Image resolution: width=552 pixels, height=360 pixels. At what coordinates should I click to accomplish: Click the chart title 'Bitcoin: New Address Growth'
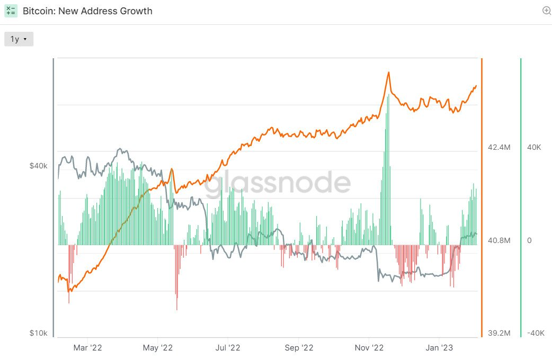pos(87,11)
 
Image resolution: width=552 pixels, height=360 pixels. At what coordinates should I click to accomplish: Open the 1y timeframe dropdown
pos(19,39)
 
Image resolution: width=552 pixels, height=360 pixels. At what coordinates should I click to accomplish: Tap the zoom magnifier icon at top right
pos(547,11)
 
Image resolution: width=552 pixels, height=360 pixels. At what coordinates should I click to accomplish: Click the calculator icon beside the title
pos(11,11)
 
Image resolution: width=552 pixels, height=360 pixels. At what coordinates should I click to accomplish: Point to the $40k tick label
pos(38,166)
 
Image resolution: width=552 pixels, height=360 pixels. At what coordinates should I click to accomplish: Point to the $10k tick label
pos(38,333)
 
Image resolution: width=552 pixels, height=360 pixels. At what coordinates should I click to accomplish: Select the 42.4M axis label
pos(498,147)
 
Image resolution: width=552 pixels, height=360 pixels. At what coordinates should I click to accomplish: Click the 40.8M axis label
pos(498,240)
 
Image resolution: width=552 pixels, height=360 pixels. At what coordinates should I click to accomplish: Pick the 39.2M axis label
pos(498,333)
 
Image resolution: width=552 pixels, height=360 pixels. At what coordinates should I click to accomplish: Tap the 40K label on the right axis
pos(534,147)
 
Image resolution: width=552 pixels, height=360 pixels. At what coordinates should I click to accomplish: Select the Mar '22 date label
pos(88,348)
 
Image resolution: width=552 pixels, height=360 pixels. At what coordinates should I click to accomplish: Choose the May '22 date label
pos(158,348)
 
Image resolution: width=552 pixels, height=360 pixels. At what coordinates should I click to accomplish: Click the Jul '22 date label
pos(228,348)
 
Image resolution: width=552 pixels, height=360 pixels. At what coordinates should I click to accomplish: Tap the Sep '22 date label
pos(299,348)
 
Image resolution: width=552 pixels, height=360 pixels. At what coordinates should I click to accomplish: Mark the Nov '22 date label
pos(369,348)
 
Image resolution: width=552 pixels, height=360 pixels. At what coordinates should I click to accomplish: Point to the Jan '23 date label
pos(439,348)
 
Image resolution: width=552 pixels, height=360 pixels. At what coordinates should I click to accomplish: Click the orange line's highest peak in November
pos(388,73)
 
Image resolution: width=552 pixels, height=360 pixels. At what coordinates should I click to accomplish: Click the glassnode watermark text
pos(278,183)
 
